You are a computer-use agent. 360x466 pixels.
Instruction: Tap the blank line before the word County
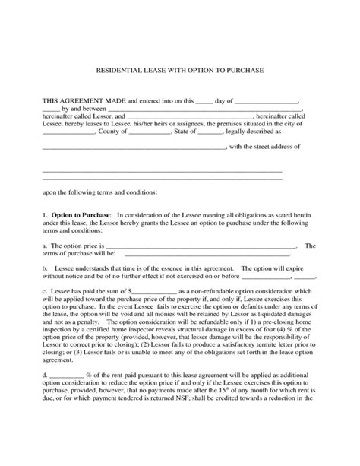[68, 132]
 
